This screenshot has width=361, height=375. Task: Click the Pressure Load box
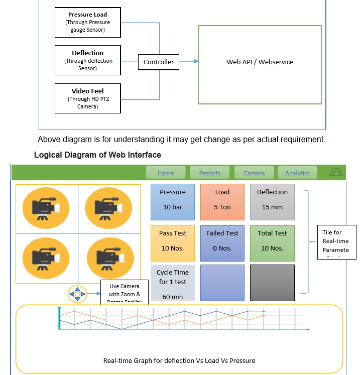(x=87, y=22)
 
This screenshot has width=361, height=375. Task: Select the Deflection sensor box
(x=87, y=60)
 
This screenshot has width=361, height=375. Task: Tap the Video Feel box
(x=87, y=98)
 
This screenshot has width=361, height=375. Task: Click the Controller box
(x=159, y=62)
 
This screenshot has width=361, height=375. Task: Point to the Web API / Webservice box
(x=260, y=62)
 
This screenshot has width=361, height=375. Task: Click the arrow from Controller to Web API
(x=189, y=62)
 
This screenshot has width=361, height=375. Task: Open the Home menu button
(x=165, y=173)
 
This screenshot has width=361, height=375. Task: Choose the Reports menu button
(x=209, y=173)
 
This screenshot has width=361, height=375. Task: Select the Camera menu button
(x=254, y=173)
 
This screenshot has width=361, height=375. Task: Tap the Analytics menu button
(x=297, y=173)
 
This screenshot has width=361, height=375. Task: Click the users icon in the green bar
(x=336, y=172)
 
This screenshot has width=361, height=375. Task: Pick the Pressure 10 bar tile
(x=172, y=202)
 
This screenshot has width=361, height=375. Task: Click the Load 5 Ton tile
(x=222, y=202)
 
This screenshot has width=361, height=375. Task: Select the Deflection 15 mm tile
(x=272, y=202)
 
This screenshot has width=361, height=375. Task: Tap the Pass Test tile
(x=172, y=243)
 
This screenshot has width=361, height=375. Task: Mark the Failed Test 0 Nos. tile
(x=222, y=243)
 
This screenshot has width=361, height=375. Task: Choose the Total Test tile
(x=272, y=243)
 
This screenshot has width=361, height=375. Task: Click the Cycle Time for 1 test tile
(x=172, y=283)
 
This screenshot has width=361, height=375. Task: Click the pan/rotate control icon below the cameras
(x=77, y=294)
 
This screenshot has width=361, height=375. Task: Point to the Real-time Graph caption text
(x=179, y=360)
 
